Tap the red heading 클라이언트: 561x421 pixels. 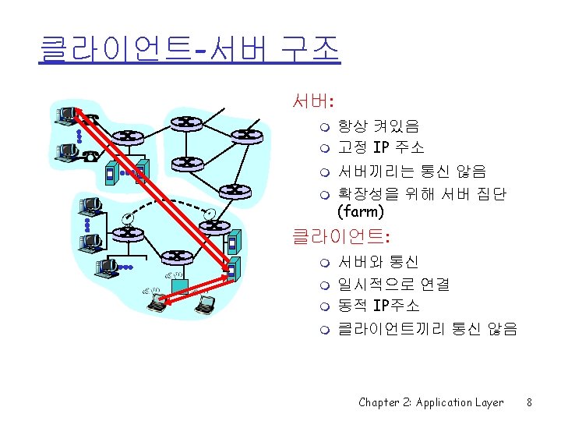[x=340, y=234]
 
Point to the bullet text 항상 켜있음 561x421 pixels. [x=378, y=126]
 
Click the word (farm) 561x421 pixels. [x=360, y=210]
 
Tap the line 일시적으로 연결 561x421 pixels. [x=393, y=285]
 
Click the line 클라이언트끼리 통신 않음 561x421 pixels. [x=427, y=329]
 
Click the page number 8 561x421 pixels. [x=529, y=402]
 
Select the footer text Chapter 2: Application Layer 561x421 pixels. [x=431, y=402]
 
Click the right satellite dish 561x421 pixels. [x=209, y=213]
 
